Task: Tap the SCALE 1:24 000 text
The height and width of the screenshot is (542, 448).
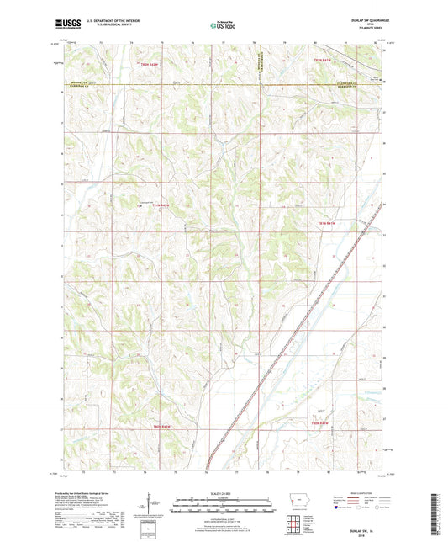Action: point(223,492)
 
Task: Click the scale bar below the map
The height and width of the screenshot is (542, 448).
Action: point(223,507)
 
